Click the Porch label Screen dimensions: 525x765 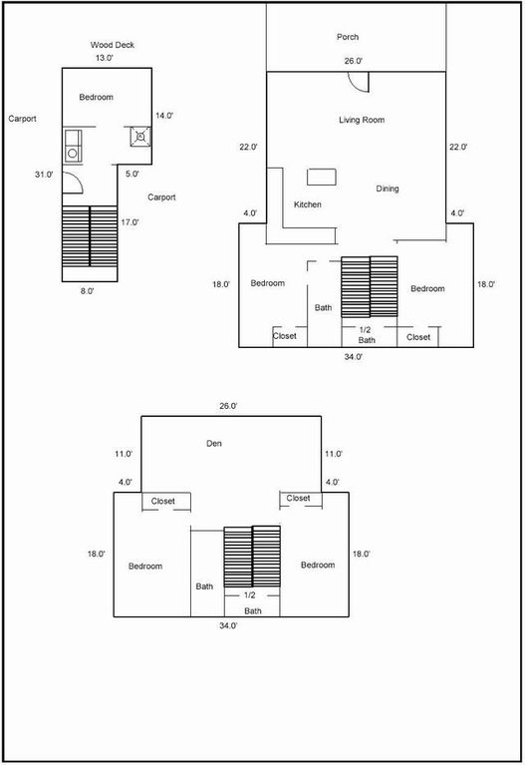(348, 37)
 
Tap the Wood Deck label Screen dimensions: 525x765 (113, 45)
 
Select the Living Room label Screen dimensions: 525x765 (362, 120)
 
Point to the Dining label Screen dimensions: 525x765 (388, 189)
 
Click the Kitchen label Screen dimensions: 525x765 (308, 204)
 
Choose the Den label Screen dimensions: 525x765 (214, 444)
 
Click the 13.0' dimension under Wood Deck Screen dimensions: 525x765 (105, 58)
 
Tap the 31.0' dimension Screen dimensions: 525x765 (44, 175)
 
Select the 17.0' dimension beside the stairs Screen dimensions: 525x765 (130, 222)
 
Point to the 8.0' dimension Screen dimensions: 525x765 (88, 292)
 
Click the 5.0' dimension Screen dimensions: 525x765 (132, 174)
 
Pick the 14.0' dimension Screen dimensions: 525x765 (164, 116)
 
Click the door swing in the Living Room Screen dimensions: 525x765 (359, 82)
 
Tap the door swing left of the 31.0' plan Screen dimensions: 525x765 (73, 184)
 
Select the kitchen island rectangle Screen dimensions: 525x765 (322, 177)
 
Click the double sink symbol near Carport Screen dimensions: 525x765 (73, 146)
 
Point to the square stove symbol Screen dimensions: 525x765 (140, 137)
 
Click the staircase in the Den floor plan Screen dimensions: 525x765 (252, 557)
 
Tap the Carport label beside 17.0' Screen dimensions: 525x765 (161, 197)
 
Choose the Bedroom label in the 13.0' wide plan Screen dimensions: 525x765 (96, 98)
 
